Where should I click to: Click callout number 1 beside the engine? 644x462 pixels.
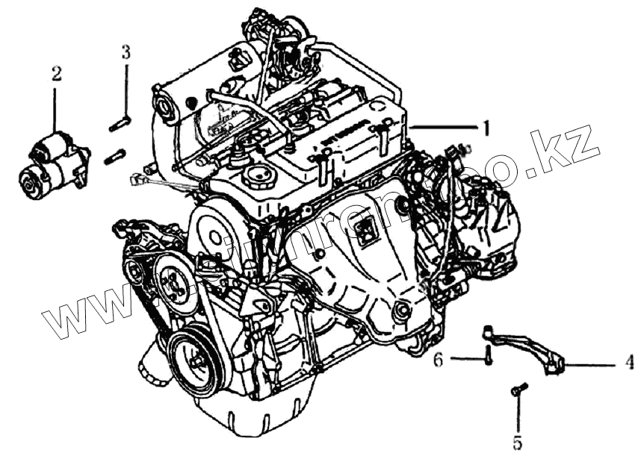point(486,128)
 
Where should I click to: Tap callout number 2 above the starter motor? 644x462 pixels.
point(57,74)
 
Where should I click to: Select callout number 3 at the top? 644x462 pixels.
point(126,52)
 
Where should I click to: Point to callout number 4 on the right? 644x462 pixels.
point(629,363)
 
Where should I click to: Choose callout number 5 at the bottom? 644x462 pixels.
point(517,443)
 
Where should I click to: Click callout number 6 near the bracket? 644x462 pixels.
point(439,360)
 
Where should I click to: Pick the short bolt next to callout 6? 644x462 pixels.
point(487,355)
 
